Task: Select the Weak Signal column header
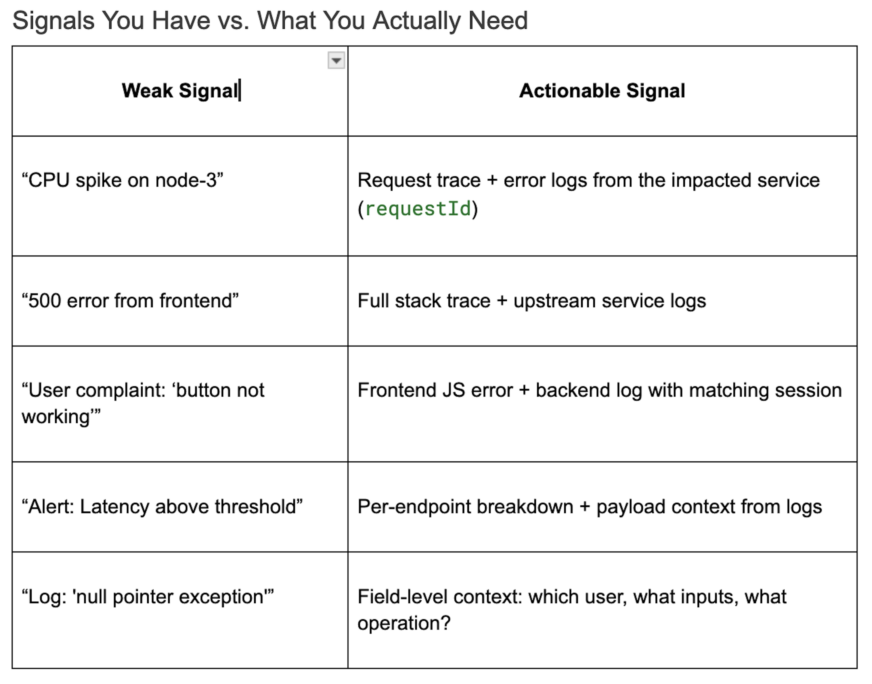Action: coord(180,90)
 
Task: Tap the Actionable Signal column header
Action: coord(602,90)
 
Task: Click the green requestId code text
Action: coord(418,209)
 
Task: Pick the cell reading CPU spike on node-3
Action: coord(123,180)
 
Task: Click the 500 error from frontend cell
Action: coord(130,301)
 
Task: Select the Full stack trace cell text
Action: coord(532,301)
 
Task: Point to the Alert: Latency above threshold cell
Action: coord(162,507)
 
